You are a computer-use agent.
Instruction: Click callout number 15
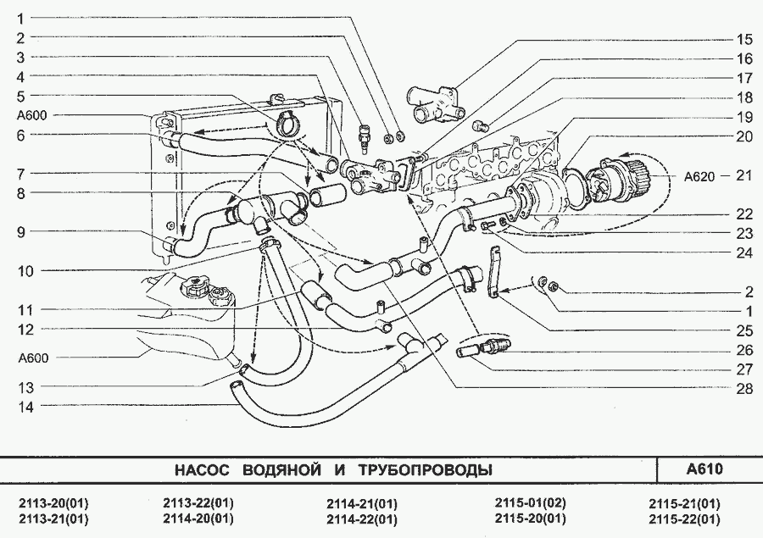point(744,39)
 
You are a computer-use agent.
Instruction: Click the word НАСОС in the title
point(200,470)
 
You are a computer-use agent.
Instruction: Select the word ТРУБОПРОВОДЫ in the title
point(424,470)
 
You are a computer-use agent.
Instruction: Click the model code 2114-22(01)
point(361,519)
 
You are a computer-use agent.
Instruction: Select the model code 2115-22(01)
point(684,519)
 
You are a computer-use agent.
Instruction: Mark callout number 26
point(744,348)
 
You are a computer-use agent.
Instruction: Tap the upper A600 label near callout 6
point(32,115)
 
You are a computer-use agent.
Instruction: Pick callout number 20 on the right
point(744,136)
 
